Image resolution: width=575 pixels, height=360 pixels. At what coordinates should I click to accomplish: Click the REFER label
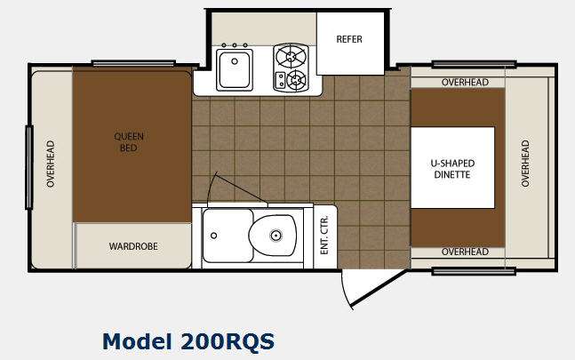(x=349, y=39)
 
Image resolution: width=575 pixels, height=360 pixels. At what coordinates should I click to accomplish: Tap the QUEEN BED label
(x=129, y=142)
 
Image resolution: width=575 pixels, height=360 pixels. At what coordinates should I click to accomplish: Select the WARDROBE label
(x=133, y=246)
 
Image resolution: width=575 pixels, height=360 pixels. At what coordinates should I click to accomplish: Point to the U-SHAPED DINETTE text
(x=452, y=169)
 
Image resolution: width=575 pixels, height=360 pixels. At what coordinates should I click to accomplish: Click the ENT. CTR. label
(x=324, y=235)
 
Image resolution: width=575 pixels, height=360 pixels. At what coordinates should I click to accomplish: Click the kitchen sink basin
(x=235, y=69)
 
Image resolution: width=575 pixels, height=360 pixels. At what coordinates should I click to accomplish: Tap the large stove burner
(x=291, y=56)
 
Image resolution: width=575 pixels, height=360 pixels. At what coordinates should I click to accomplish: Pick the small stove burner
(x=296, y=79)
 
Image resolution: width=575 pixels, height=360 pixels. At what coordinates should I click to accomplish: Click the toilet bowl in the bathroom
(x=273, y=235)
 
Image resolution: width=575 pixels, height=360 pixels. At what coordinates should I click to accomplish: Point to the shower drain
(x=214, y=236)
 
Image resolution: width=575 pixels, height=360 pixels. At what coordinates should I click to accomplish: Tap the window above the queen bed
(x=133, y=64)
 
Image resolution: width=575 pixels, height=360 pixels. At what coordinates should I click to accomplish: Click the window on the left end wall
(x=29, y=167)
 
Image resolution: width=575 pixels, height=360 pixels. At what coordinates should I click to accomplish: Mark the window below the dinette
(x=474, y=272)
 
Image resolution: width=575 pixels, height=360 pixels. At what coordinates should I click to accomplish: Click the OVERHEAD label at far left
(x=51, y=164)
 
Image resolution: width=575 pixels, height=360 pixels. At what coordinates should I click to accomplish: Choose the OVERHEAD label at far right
(x=525, y=164)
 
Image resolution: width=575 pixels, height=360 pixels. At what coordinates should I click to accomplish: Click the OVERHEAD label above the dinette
(x=465, y=82)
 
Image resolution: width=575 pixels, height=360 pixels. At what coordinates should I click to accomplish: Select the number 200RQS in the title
(x=228, y=341)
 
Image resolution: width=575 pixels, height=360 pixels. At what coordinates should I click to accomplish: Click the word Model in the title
(x=137, y=341)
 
